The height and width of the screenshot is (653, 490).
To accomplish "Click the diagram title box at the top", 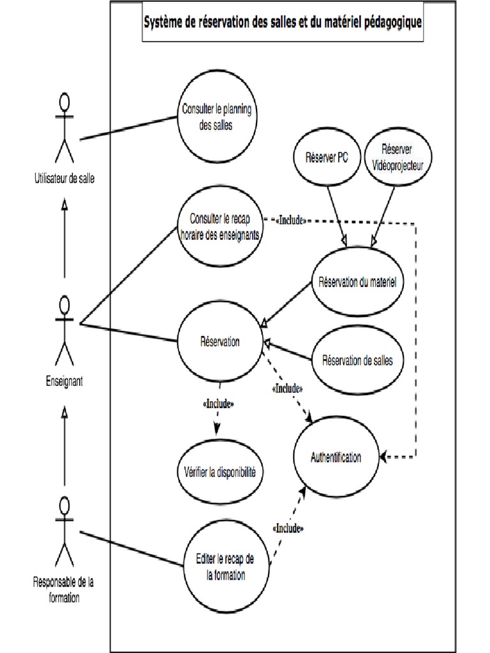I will pos(283,22).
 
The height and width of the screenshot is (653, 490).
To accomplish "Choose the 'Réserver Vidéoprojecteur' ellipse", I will pos(397,158).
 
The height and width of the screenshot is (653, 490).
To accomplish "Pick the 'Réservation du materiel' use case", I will pos(357,283).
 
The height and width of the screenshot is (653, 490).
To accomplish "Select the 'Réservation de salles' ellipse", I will pos(357,360).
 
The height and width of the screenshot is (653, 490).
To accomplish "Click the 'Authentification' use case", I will pos(335,457).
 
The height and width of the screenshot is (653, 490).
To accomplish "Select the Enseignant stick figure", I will pos(63,329).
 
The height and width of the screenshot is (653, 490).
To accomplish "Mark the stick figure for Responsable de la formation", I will pos(63,532).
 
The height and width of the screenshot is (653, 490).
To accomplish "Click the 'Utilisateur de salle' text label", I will pos(64,180).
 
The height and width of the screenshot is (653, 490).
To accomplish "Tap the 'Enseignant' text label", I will pos(64,382).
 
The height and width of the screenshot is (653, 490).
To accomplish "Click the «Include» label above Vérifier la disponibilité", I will pos(218,404).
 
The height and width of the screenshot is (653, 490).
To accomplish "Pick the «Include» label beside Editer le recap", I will pos(288,529).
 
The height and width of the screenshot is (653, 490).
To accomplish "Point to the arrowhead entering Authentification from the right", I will pos(384,457).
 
